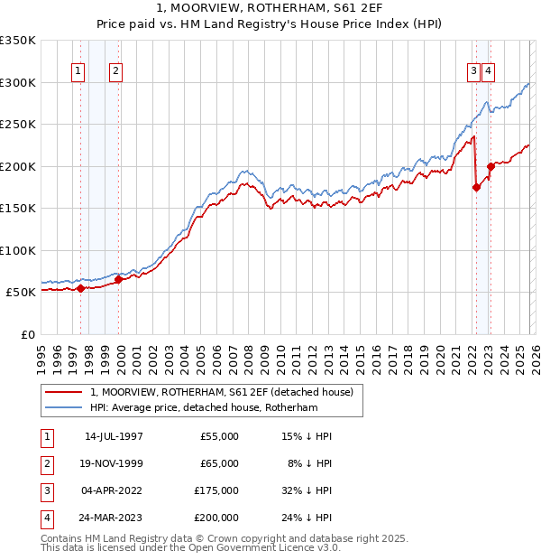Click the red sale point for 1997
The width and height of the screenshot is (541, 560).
point(80,289)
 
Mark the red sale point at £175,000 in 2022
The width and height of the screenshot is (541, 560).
point(476,188)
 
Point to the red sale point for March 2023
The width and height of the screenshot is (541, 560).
point(491,166)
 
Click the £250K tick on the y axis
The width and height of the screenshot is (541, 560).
point(18,124)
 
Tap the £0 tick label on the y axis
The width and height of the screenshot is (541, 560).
point(27,334)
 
